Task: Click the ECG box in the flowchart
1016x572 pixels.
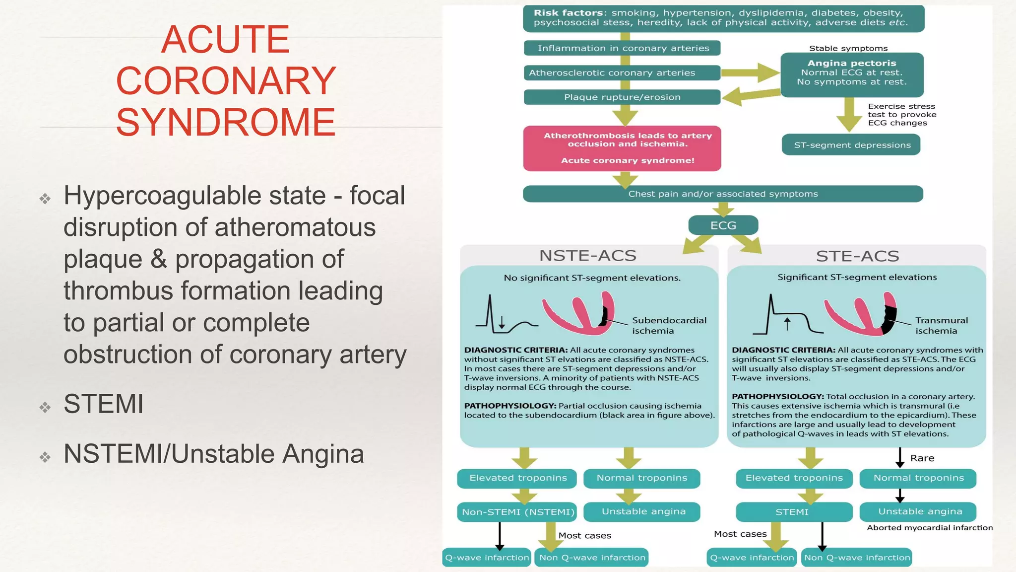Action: coord(723,225)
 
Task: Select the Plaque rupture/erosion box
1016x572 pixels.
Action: coord(622,97)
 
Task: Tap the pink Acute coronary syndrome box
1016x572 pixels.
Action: coord(622,148)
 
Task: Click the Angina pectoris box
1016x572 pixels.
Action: coord(852,73)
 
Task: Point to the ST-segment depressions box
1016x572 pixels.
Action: coord(852,145)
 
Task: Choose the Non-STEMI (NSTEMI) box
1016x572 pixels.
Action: coord(517,512)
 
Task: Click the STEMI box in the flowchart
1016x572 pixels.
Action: coord(792,512)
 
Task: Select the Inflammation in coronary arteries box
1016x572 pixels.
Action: coord(622,48)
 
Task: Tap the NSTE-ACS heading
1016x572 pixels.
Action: coord(588,256)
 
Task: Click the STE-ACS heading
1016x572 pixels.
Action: coord(857,256)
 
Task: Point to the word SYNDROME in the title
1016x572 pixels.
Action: coord(226,122)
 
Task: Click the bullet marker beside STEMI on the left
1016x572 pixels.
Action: coord(45,407)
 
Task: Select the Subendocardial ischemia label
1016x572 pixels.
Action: coord(669,326)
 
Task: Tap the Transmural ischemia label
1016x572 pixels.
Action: coord(941,326)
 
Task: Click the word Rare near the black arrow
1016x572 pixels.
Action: coord(922,458)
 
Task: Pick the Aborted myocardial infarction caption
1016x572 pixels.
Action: coord(929,528)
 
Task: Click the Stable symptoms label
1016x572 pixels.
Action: coord(848,48)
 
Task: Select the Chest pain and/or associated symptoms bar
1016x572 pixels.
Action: coord(723,194)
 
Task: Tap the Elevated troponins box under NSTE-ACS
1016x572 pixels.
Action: coord(517,478)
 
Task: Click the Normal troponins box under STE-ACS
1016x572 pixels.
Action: coord(918,478)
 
